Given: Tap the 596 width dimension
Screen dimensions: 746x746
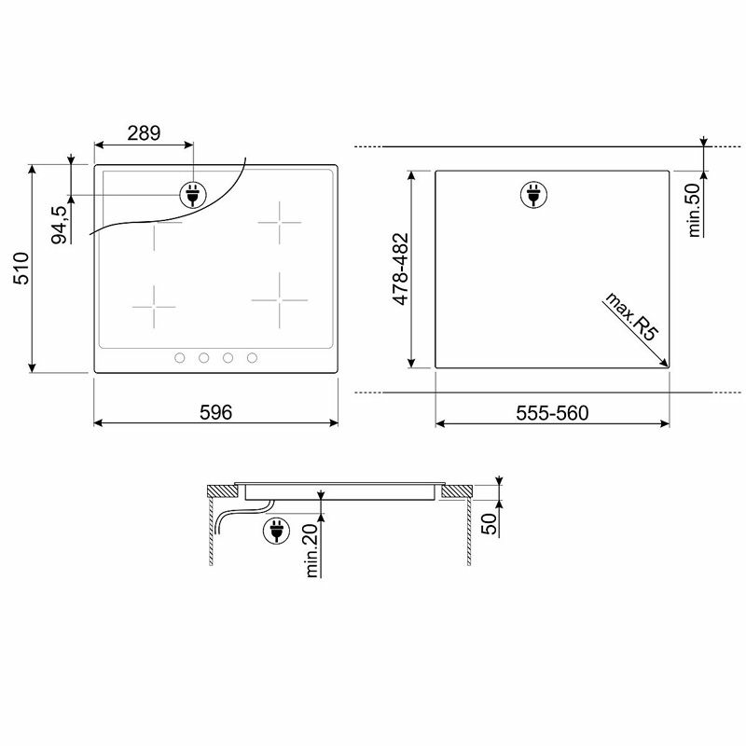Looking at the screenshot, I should (x=216, y=412).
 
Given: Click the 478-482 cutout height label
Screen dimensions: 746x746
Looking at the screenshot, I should (x=398, y=270).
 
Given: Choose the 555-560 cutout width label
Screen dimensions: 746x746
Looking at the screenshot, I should (x=552, y=413).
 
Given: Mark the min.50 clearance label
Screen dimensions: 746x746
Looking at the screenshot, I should (x=693, y=210).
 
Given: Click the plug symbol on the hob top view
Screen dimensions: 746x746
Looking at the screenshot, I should (x=192, y=195).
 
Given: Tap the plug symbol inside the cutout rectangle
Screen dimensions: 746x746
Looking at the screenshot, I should (x=534, y=195).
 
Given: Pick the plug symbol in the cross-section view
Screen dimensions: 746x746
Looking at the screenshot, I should (x=276, y=530).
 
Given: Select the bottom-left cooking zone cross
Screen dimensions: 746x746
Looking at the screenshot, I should (x=154, y=305).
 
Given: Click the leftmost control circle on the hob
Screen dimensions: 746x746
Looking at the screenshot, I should (x=178, y=358).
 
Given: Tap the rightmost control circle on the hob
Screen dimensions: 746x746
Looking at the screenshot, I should (x=252, y=358).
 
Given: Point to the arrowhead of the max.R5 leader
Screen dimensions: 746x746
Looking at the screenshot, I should (x=666, y=365).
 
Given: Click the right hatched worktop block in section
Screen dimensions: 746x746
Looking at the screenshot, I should (x=457, y=490).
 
